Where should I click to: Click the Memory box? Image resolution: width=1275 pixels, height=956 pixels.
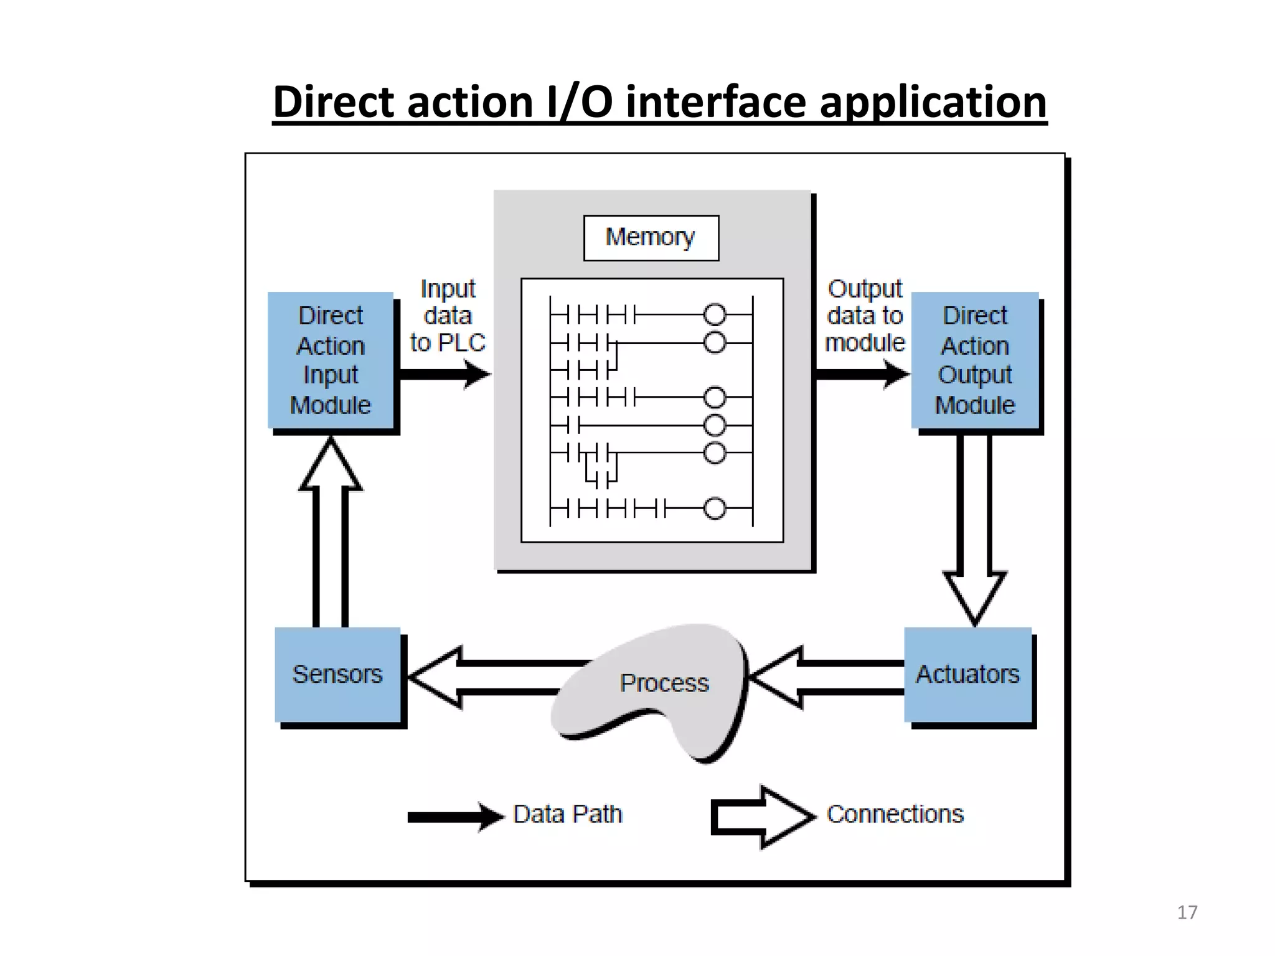(651, 238)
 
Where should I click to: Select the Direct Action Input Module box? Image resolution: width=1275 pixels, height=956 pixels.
(331, 360)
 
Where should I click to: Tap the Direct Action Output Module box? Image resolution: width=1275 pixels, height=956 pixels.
(974, 360)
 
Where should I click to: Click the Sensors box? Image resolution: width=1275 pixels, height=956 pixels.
(338, 675)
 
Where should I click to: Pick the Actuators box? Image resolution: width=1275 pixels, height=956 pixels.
(967, 675)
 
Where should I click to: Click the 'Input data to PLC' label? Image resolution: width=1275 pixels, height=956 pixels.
(448, 316)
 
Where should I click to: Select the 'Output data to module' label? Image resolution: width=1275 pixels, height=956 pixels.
(865, 316)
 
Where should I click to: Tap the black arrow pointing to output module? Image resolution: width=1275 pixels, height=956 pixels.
(862, 375)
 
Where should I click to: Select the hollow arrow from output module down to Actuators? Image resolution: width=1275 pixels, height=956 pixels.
(975, 529)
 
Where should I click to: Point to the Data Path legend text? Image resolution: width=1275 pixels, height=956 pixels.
(567, 815)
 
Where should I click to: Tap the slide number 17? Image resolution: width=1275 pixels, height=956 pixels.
(1187, 912)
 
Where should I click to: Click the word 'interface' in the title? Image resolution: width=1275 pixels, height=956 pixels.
(716, 103)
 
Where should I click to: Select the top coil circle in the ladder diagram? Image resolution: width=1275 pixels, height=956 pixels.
(715, 315)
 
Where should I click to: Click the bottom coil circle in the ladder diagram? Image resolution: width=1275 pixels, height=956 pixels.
(715, 508)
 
